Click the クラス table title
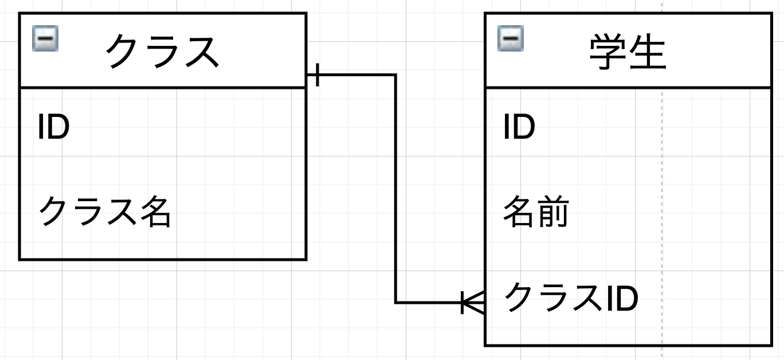[162, 52]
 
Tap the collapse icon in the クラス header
[45, 41]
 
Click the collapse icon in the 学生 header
[510, 40]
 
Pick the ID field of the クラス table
[53, 127]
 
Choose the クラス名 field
[104, 212]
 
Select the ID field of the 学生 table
[519, 127]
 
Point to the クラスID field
[570, 298]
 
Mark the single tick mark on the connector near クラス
[317, 75]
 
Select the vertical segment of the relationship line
[395, 189]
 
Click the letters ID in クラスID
[621, 298]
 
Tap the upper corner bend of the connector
[395, 75]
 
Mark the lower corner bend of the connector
[395, 302]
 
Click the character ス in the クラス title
[201, 52]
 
